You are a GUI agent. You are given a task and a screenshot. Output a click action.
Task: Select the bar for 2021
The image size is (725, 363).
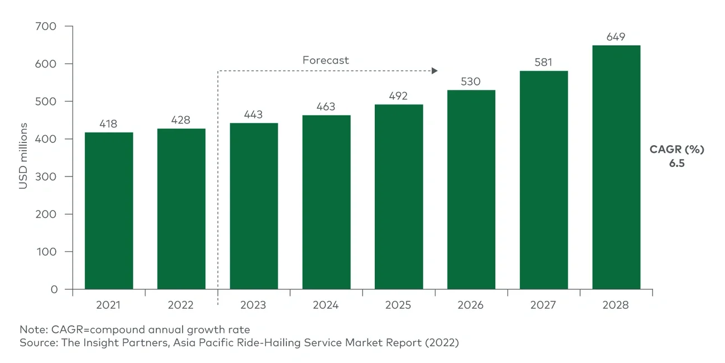(109, 211)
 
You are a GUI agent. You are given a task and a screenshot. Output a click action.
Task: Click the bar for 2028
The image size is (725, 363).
(616, 168)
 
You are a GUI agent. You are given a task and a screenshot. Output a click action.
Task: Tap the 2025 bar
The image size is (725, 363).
(399, 197)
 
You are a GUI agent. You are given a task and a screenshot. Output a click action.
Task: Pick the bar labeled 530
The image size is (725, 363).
(471, 190)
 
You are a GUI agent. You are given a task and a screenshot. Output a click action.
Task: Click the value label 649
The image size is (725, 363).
(616, 37)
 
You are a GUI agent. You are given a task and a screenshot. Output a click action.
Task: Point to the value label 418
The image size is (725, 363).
(109, 124)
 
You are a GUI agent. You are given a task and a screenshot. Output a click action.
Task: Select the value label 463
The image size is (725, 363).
(326, 107)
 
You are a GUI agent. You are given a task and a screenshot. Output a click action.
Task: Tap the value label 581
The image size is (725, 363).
(543, 63)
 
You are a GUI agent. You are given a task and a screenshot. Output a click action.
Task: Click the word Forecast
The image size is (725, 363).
(326, 60)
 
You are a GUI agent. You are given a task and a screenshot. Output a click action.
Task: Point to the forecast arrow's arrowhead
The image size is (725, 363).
(435, 71)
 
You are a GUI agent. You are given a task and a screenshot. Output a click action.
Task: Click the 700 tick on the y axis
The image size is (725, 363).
(47, 26)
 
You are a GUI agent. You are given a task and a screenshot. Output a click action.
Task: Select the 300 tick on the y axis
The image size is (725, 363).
(47, 176)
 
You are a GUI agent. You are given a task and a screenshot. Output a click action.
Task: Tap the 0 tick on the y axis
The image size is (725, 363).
(54, 289)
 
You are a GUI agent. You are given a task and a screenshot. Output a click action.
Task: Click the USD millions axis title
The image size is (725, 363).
(23, 157)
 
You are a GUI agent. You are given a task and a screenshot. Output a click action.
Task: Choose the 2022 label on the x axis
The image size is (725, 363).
(181, 305)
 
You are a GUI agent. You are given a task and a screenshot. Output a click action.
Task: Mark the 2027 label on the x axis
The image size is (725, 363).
(543, 305)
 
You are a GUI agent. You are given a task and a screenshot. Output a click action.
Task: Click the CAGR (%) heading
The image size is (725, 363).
(677, 150)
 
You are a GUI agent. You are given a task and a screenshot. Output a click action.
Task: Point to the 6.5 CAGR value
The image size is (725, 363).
(677, 164)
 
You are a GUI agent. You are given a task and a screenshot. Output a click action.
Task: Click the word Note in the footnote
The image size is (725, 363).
(31, 329)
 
